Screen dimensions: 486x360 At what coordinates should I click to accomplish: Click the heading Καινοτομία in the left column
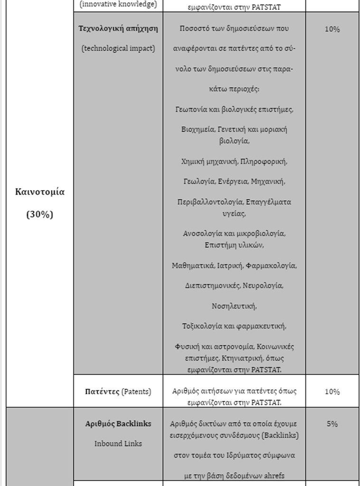[40, 192]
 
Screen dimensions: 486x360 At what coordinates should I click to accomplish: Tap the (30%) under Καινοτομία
[40, 214]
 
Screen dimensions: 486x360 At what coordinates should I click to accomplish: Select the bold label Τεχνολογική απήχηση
[118, 28]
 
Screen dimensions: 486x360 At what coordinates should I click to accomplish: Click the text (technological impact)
[118, 48]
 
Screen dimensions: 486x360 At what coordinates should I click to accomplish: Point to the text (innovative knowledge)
[118, 4]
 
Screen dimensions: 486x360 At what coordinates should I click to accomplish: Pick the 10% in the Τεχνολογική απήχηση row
[332, 29]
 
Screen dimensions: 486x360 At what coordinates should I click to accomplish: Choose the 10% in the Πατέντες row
[332, 392]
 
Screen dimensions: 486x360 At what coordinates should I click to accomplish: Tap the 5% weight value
[332, 424]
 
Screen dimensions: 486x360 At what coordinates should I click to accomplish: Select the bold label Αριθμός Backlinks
[118, 424]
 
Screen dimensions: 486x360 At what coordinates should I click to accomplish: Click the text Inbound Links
[118, 444]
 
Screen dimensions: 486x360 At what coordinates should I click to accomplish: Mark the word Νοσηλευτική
[234, 306]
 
